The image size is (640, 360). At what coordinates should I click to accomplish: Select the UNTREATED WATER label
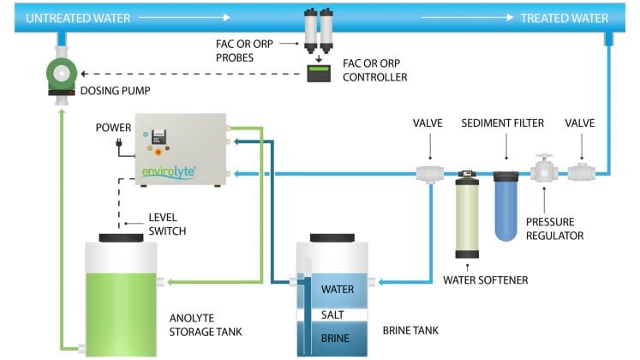tap(57, 17)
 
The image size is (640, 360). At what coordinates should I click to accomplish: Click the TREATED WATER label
tap(565, 17)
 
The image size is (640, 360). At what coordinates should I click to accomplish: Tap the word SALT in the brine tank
tap(332, 315)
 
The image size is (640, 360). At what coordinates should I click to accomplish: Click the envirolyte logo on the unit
tap(169, 172)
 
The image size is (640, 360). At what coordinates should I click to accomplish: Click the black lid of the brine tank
tap(333, 237)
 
